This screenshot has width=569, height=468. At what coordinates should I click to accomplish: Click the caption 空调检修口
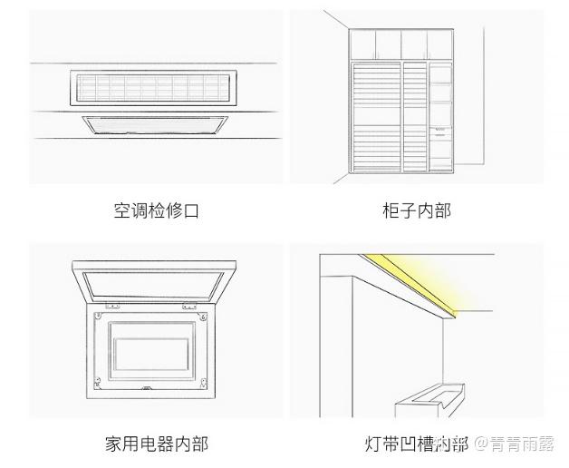point(156,211)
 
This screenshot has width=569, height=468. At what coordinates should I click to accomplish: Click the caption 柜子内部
point(416,211)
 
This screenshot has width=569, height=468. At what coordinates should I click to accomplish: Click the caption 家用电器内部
point(156,444)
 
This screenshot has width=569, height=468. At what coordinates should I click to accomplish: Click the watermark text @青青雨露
point(516,444)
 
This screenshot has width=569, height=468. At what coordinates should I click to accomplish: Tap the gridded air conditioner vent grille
point(150,87)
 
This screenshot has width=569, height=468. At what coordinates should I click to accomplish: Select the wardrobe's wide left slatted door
point(376,116)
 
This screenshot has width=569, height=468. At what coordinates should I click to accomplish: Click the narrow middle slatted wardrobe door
point(415,116)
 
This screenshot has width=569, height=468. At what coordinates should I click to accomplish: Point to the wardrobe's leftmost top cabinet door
point(362,44)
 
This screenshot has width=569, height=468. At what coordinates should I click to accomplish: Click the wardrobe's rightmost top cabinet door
point(441,44)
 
